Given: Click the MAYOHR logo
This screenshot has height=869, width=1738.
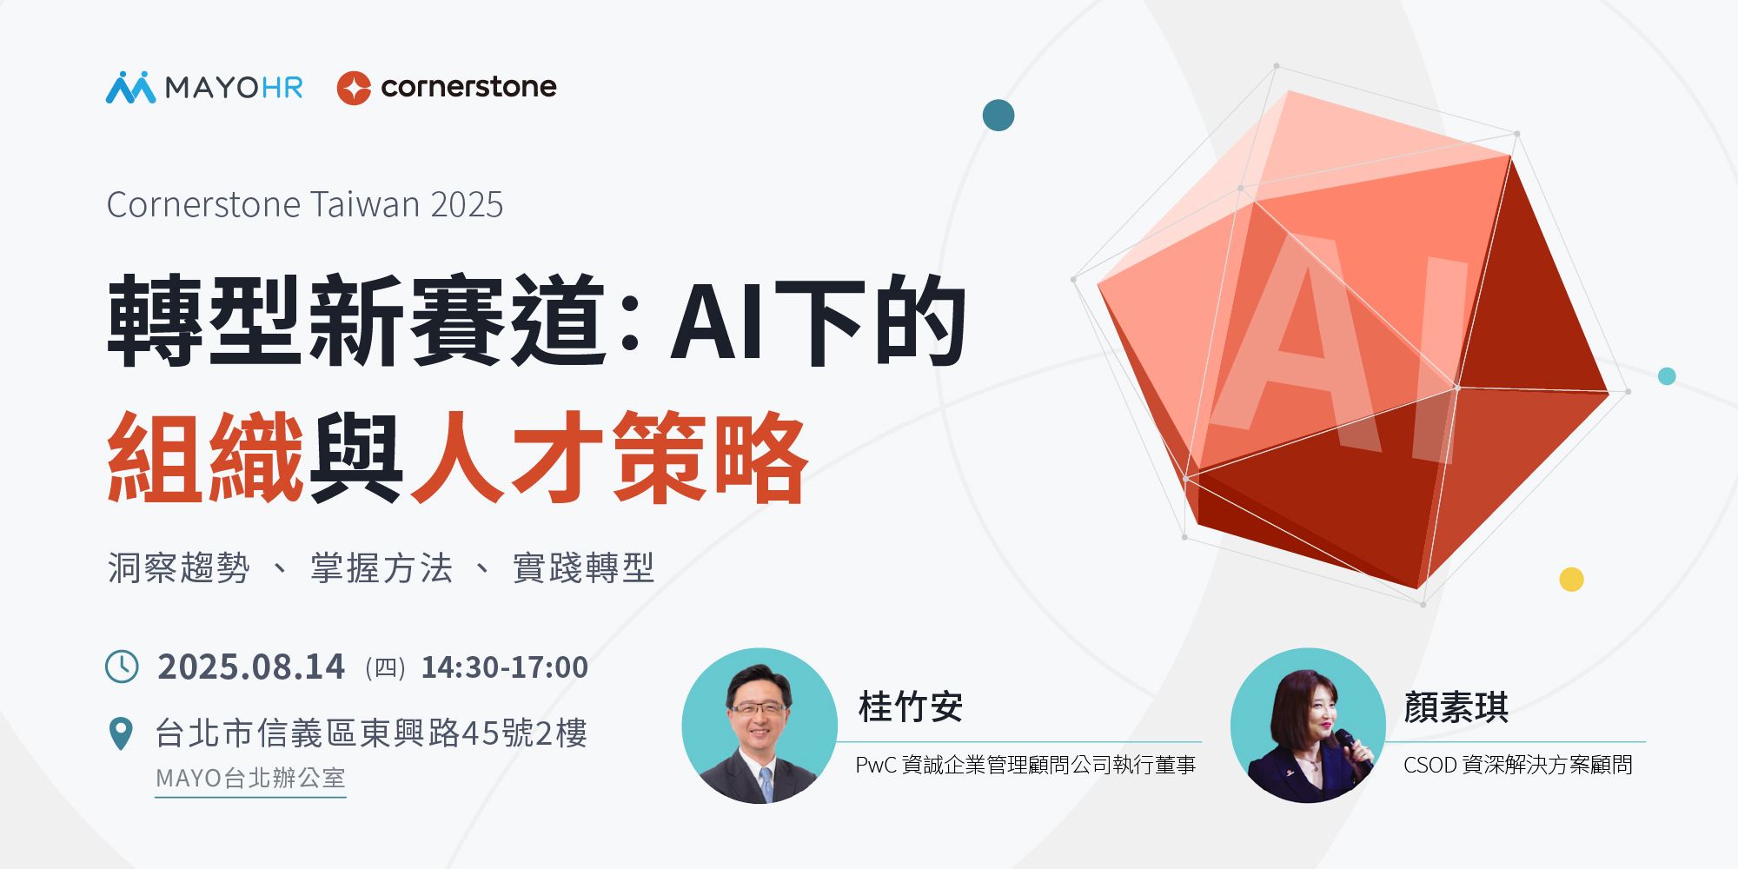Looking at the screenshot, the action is (204, 87).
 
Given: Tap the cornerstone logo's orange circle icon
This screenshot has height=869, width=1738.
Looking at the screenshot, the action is (354, 88).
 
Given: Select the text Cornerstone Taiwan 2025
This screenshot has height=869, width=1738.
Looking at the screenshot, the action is (305, 205).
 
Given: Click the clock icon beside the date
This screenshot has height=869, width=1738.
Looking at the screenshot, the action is (122, 667).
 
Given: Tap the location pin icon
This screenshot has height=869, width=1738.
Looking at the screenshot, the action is (121, 733).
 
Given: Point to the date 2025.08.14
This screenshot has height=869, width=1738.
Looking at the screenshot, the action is (251, 667).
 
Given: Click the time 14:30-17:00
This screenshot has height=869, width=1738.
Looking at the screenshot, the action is (505, 667).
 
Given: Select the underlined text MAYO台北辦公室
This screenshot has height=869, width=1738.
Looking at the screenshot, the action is (250, 778).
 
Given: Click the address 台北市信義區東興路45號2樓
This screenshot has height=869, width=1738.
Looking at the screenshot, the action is (371, 733).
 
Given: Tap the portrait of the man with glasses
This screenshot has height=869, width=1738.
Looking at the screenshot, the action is (760, 726).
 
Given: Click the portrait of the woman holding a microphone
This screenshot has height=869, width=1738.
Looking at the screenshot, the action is (1308, 726).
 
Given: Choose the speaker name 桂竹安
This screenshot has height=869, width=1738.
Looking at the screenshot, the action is (911, 707).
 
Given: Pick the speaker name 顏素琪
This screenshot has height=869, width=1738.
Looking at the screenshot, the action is (1456, 707).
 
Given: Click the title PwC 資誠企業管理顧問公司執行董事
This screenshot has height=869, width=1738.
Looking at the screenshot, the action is (1026, 765).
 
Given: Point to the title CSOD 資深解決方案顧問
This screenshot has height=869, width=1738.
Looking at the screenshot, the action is (1518, 765).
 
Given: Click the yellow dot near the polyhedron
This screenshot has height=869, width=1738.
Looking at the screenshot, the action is (1571, 579).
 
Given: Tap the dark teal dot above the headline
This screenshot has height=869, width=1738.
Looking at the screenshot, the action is (998, 116).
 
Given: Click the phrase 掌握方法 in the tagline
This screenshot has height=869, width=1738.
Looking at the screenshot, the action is (382, 568).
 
